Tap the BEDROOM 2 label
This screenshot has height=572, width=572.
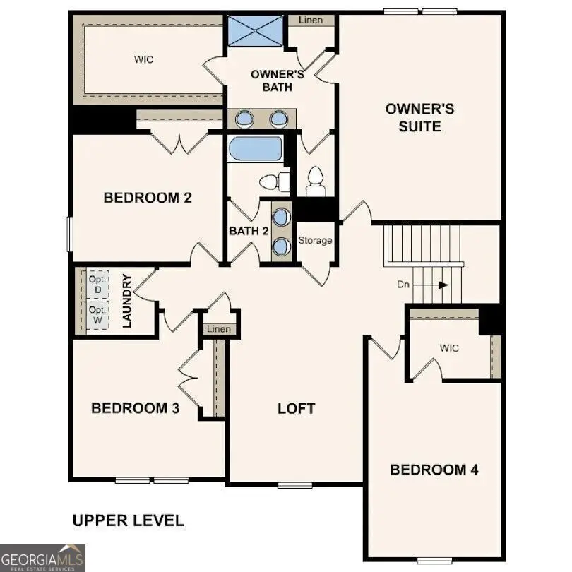(148, 198)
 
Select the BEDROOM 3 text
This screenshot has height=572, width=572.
(135, 408)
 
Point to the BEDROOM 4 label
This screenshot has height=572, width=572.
(434, 470)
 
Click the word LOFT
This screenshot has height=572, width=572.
(296, 408)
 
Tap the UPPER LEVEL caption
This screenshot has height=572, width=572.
(129, 521)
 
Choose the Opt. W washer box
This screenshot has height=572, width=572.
(97, 315)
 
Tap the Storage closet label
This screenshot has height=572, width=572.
(315, 241)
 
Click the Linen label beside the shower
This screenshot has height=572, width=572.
(311, 20)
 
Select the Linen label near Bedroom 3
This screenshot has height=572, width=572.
(218, 329)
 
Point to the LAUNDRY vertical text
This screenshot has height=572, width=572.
(128, 301)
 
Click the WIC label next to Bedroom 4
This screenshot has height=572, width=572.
(449, 348)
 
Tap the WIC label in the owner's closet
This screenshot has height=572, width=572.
(143, 59)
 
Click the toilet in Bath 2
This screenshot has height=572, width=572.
(275, 182)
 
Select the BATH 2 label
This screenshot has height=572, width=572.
(249, 231)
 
